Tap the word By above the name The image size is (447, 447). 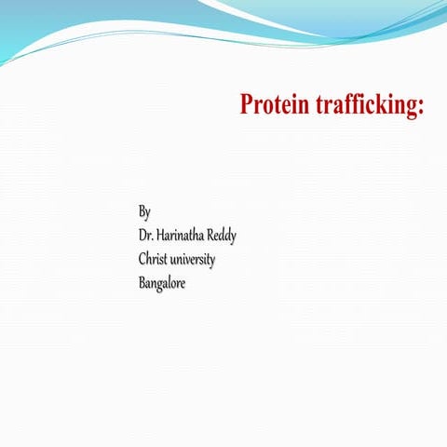click(144, 212)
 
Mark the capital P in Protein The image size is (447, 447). click(248, 103)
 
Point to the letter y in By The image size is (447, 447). click(147, 214)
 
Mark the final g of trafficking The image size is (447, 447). click(413, 107)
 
